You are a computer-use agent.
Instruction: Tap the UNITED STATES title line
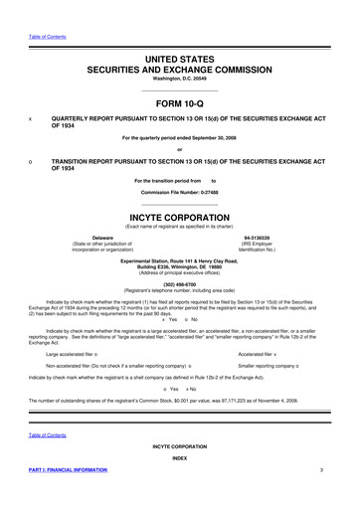click(179, 34)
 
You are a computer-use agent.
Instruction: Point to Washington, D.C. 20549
click(179, 55)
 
